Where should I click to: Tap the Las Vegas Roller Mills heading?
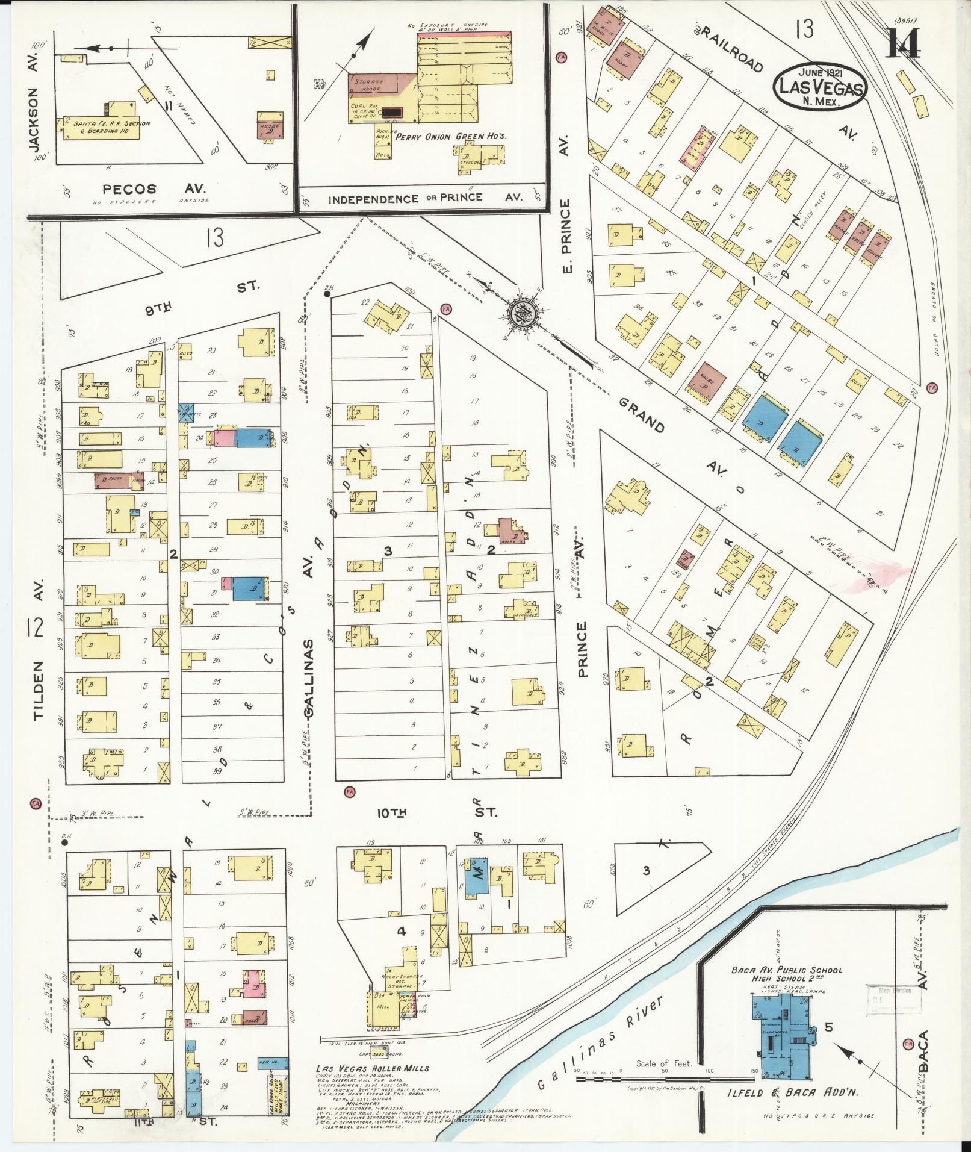coord(373,1068)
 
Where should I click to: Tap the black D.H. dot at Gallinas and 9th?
coord(326,295)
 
